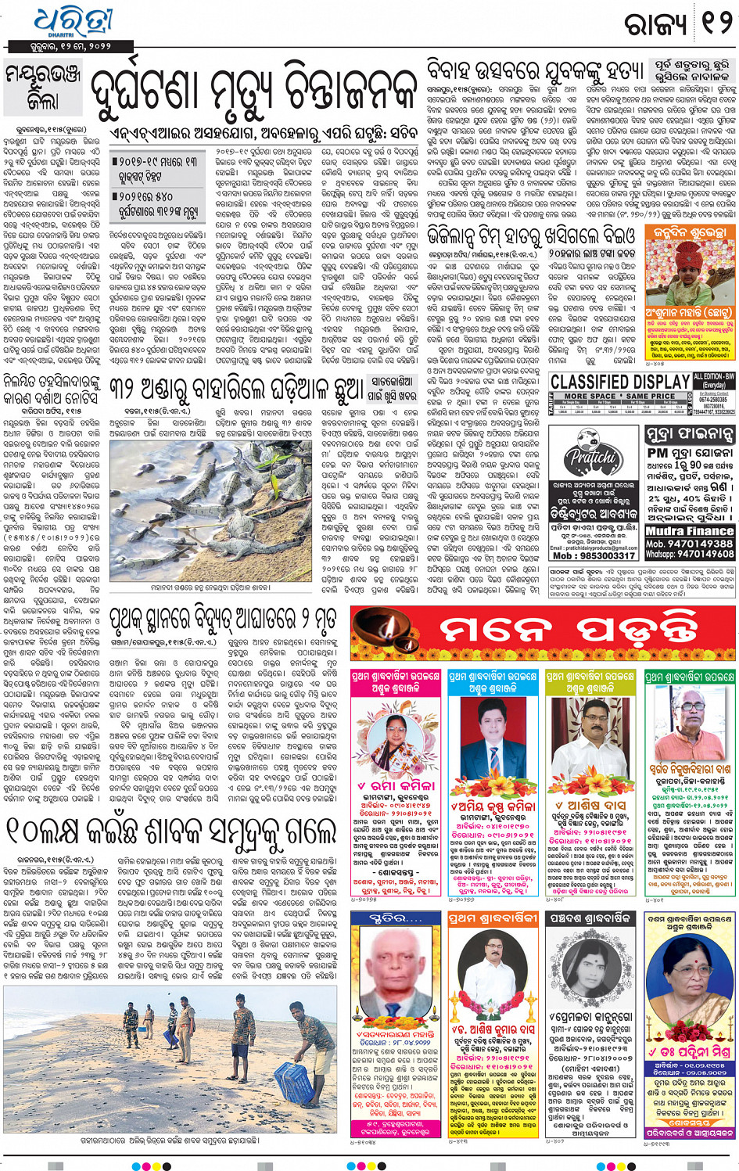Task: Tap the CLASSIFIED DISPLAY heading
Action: coord(620,382)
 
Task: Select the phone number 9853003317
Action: coord(594,556)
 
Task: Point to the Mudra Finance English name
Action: coord(689,531)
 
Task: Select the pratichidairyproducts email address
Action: coord(593,547)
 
